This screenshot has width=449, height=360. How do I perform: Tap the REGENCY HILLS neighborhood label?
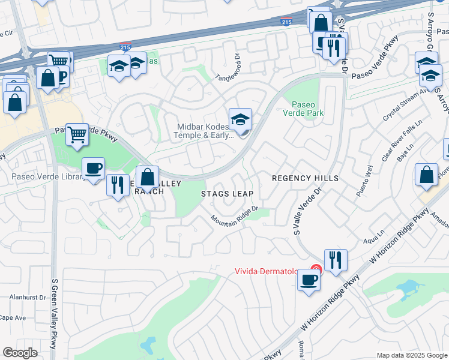click(305, 178)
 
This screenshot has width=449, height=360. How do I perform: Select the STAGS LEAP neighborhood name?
click(227, 194)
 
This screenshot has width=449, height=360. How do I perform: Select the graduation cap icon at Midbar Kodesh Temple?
click(240, 120)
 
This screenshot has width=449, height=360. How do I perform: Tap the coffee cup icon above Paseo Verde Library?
click(93, 169)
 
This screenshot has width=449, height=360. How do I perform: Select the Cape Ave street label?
click(12, 317)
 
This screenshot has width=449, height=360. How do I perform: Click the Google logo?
click(20, 352)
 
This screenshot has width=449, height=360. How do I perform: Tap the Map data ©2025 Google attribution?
click(411, 355)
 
